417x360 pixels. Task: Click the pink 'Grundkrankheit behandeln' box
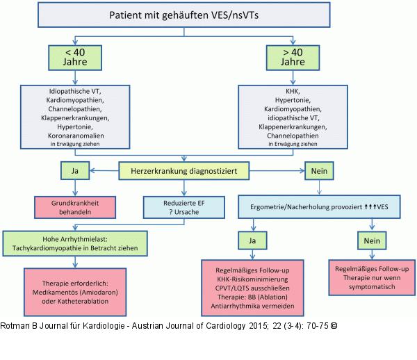point(74,207)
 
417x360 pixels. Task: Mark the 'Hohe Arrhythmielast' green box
point(76,243)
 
